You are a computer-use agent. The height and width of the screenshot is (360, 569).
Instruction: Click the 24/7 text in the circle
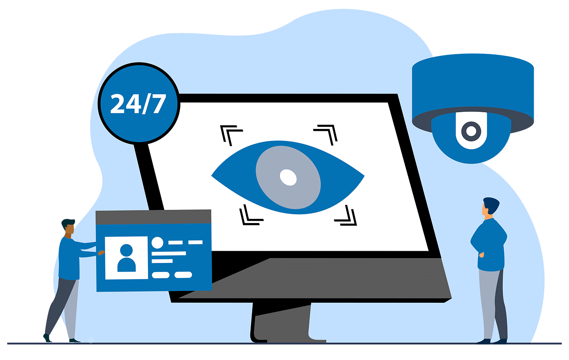138,104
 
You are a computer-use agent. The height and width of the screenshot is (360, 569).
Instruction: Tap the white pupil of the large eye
288,177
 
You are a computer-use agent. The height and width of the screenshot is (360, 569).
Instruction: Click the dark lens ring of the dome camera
471,131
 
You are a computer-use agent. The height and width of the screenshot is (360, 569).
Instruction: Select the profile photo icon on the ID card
126,258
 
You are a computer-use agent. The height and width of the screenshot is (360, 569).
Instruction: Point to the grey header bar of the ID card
153,217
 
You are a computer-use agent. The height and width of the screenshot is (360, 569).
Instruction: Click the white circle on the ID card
157,243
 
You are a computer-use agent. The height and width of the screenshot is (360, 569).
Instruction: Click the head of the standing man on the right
490,207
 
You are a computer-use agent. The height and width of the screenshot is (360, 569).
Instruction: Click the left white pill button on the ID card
160,275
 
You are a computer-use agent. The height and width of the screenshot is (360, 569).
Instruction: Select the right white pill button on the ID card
183,275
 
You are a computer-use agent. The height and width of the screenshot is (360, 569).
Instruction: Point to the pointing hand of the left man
101,253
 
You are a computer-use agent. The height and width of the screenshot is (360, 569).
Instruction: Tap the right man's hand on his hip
481,255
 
